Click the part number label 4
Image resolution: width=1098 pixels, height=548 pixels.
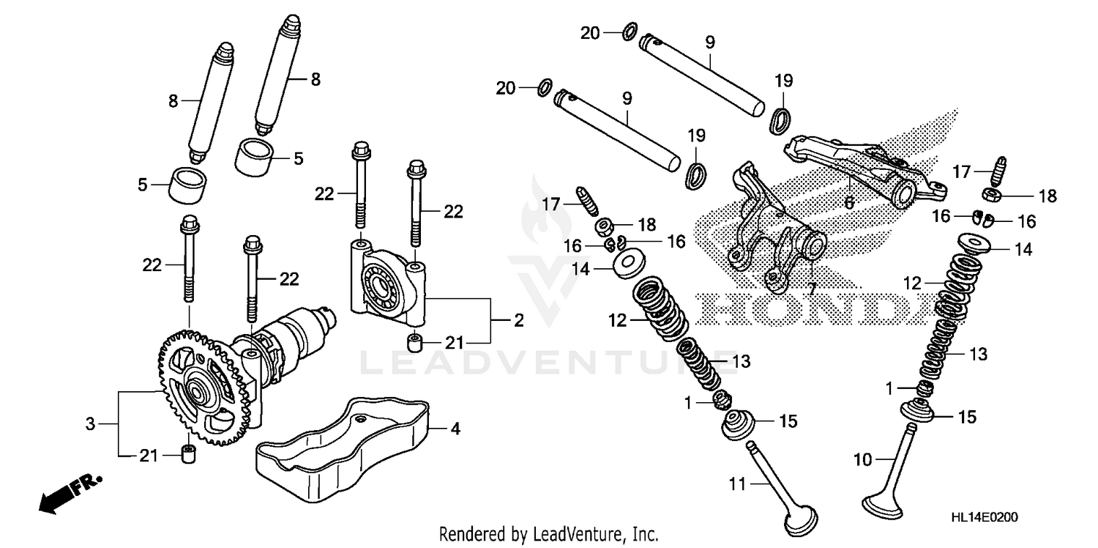tap(455, 429)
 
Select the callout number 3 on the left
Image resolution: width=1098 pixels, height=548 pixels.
tap(91, 423)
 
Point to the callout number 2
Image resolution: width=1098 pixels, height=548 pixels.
tap(518, 321)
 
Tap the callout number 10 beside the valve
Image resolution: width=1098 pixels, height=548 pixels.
tap(862, 460)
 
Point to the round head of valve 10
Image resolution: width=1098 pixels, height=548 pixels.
tap(884, 506)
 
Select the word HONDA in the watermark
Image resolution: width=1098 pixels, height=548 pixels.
tap(813, 309)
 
